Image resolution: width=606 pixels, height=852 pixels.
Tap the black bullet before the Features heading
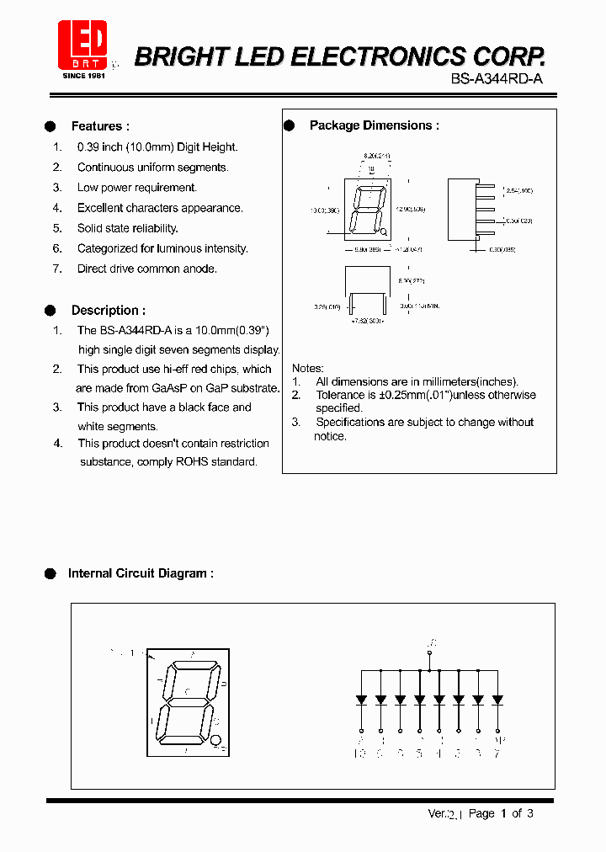[50, 126]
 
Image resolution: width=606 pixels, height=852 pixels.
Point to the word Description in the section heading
[104, 311]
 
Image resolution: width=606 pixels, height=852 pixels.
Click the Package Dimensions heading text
[374, 125]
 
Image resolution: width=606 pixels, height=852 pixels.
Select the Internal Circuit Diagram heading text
[140, 573]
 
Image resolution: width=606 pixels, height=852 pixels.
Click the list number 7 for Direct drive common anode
[57, 269]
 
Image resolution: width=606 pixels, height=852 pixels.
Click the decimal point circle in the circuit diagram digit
[216, 741]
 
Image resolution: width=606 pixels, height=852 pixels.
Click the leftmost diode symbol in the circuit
[361, 699]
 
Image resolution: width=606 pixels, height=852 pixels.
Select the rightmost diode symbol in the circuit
[497, 699]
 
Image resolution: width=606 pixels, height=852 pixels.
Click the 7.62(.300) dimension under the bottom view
[367, 322]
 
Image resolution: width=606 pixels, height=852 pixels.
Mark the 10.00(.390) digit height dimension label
[324, 210]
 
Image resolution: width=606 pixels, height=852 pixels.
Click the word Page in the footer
[481, 813]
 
